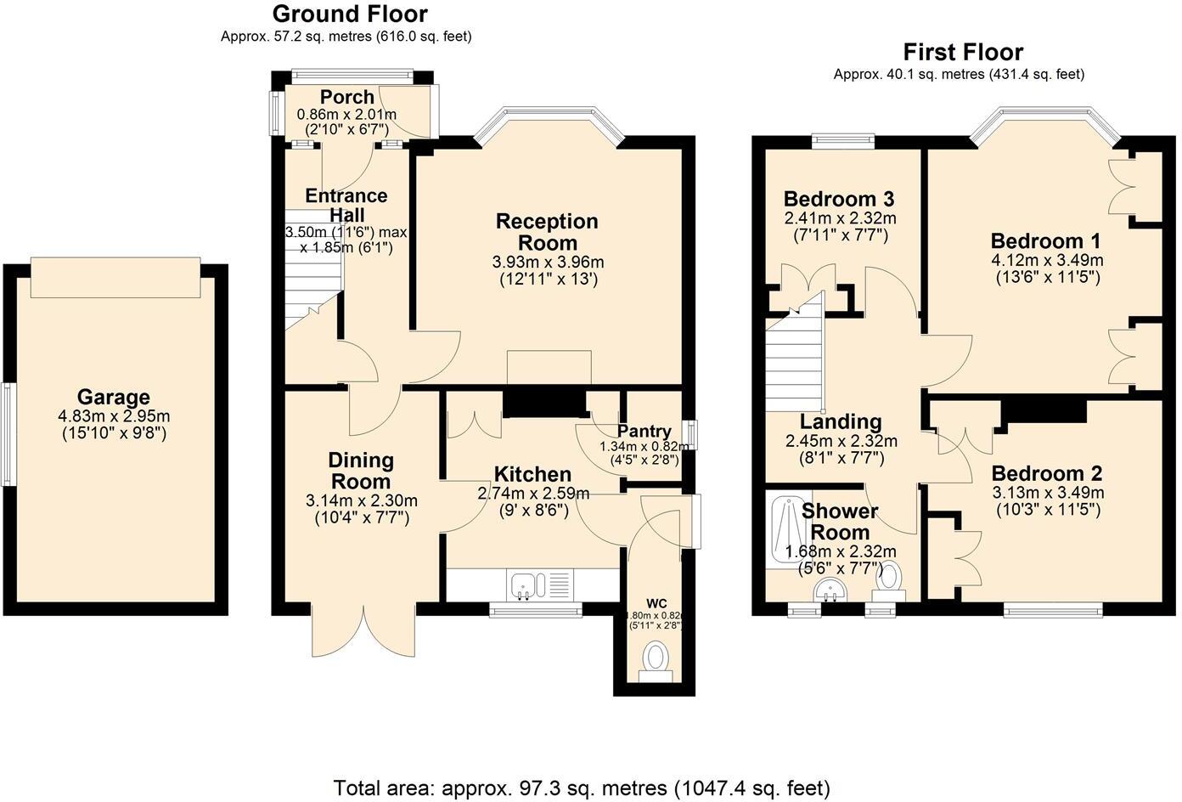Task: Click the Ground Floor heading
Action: coord(349,14)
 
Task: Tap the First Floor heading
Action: coord(962,52)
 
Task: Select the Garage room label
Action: coord(113,397)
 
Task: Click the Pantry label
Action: coord(644,432)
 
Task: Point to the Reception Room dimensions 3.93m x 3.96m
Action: coord(548,262)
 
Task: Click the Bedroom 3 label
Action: coord(838,200)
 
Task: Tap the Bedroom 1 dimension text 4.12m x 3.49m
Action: coord(1047,260)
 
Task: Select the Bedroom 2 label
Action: coord(1046,473)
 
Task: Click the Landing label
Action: coord(840,421)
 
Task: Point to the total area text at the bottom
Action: coord(582,787)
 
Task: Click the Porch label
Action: coord(346,97)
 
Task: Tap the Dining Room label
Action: coord(361,471)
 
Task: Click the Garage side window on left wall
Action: coord(7,434)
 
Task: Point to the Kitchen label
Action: coord(532,474)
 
